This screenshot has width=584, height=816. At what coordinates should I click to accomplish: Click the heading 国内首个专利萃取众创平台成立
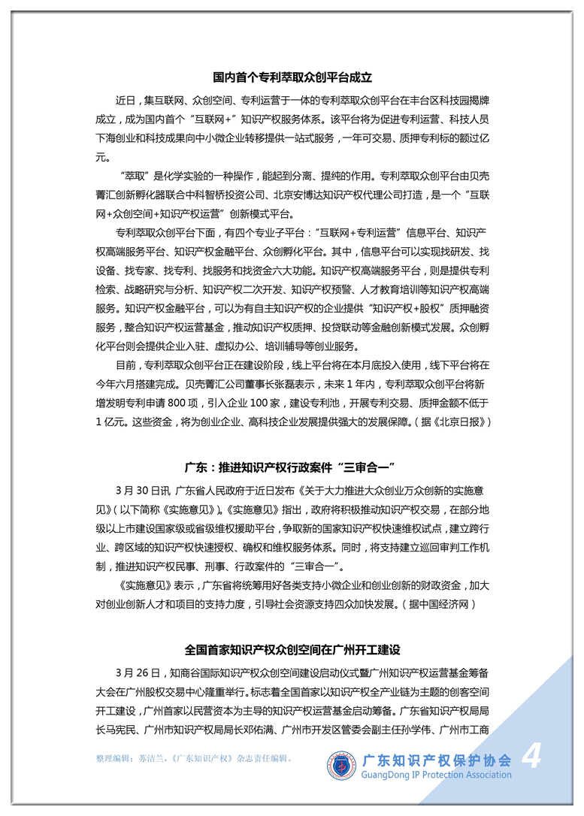[x=292, y=77]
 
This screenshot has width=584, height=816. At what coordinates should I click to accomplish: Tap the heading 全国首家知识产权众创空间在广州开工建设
[x=292, y=648]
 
